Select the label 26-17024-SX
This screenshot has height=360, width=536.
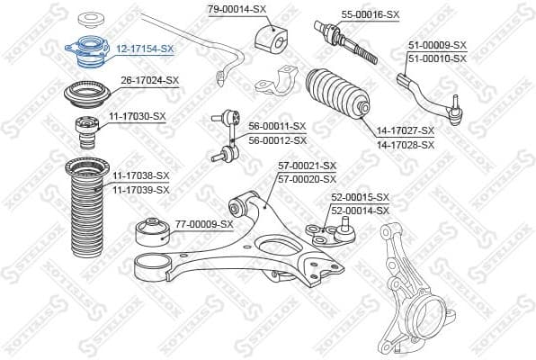click(150, 80)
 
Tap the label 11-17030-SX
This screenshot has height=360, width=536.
click(138, 116)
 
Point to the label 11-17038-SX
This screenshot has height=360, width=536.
click(141, 176)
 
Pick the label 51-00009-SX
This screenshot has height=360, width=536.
click(437, 44)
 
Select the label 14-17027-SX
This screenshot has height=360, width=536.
click(405, 130)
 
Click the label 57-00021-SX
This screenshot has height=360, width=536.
click(307, 166)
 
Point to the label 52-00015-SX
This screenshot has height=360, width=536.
click(360, 197)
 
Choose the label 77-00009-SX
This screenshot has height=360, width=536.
click(203, 224)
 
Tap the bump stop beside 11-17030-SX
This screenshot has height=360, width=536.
click(88, 133)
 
